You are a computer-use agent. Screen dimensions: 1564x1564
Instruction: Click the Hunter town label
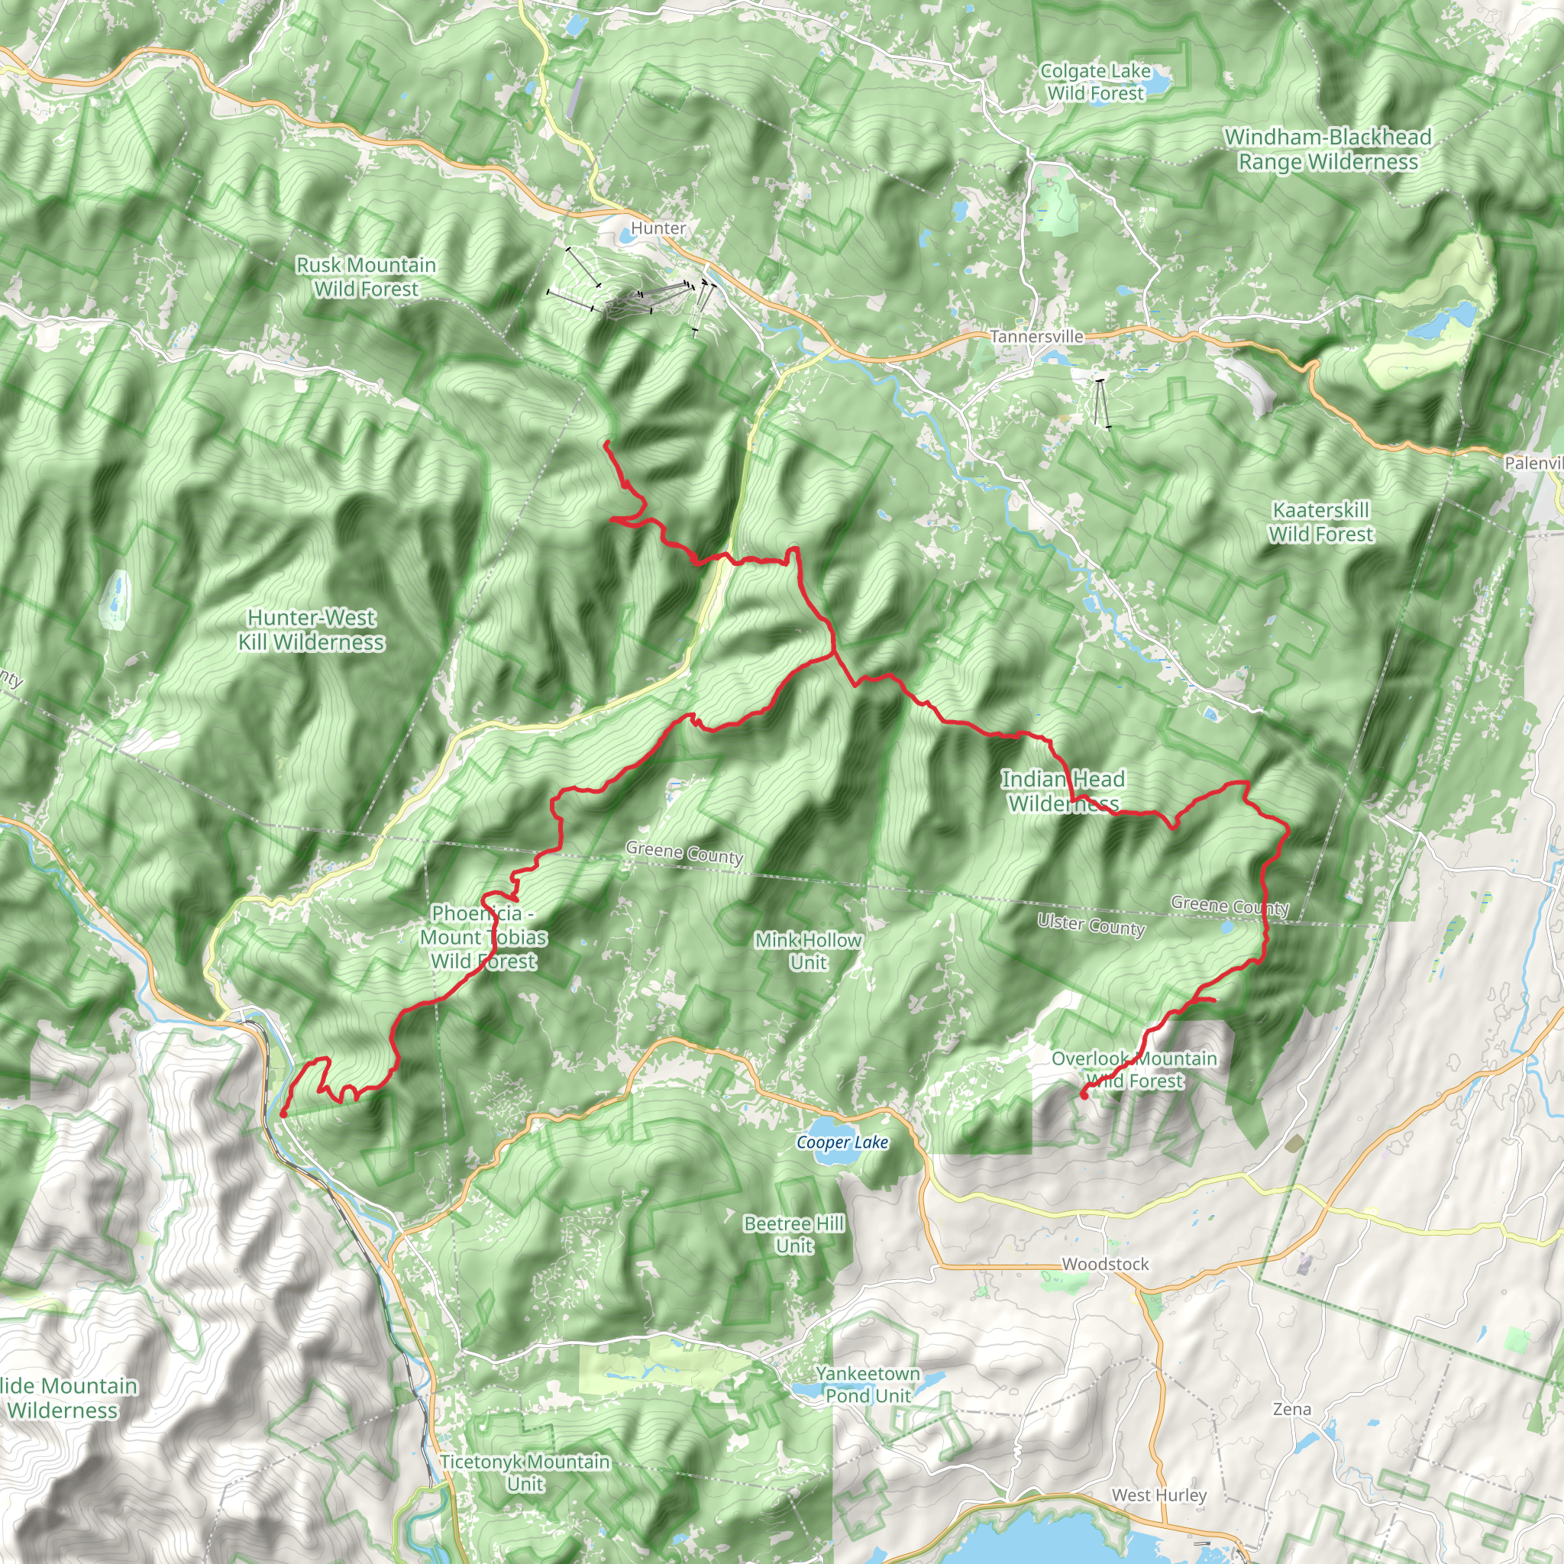pyautogui.click(x=658, y=228)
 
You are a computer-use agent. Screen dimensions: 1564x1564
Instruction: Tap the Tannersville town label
pyautogui.click(x=1036, y=336)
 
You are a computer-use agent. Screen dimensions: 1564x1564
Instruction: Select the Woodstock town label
pyautogui.click(x=1105, y=1264)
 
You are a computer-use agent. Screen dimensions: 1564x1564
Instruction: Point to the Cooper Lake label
pyautogui.click(x=842, y=1142)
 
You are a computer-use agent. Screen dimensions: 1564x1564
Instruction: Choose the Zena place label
pyautogui.click(x=1292, y=1410)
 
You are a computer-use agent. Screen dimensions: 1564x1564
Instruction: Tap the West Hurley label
pyautogui.click(x=1159, y=1495)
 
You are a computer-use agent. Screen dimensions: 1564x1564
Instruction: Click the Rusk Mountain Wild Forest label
pyautogui.click(x=366, y=277)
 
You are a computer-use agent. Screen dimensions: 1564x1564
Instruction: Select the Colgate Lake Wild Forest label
pyautogui.click(x=1095, y=82)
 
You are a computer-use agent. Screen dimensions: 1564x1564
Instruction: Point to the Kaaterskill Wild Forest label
pyautogui.click(x=1321, y=522)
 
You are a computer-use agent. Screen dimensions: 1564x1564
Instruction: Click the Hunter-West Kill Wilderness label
pyautogui.click(x=311, y=630)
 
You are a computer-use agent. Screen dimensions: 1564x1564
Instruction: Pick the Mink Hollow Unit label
pyautogui.click(x=808, y=952)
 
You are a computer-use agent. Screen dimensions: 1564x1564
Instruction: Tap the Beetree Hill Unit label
pyautogui.click(x=794, y=1235)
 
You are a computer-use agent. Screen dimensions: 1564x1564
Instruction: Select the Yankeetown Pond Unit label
pyautogui.click(x=868, y=1385)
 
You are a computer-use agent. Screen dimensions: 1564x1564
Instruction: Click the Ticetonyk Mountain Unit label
pyautogui.click(x=525, y=1472)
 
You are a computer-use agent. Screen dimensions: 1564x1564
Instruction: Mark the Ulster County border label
pyautogui.click(x=1091, y=925)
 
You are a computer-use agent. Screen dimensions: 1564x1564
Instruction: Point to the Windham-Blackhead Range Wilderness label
pyautogui.click(x=1327, y=150)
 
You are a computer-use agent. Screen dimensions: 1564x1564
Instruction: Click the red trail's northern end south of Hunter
pyautogui.click(x=606, y=442)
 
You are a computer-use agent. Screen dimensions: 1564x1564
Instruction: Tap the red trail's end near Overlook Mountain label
pyautogui.click(x=1083, y=1095)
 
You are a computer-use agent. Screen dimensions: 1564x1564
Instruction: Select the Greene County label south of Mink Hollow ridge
pyautogui.click(x=684, y=852)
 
